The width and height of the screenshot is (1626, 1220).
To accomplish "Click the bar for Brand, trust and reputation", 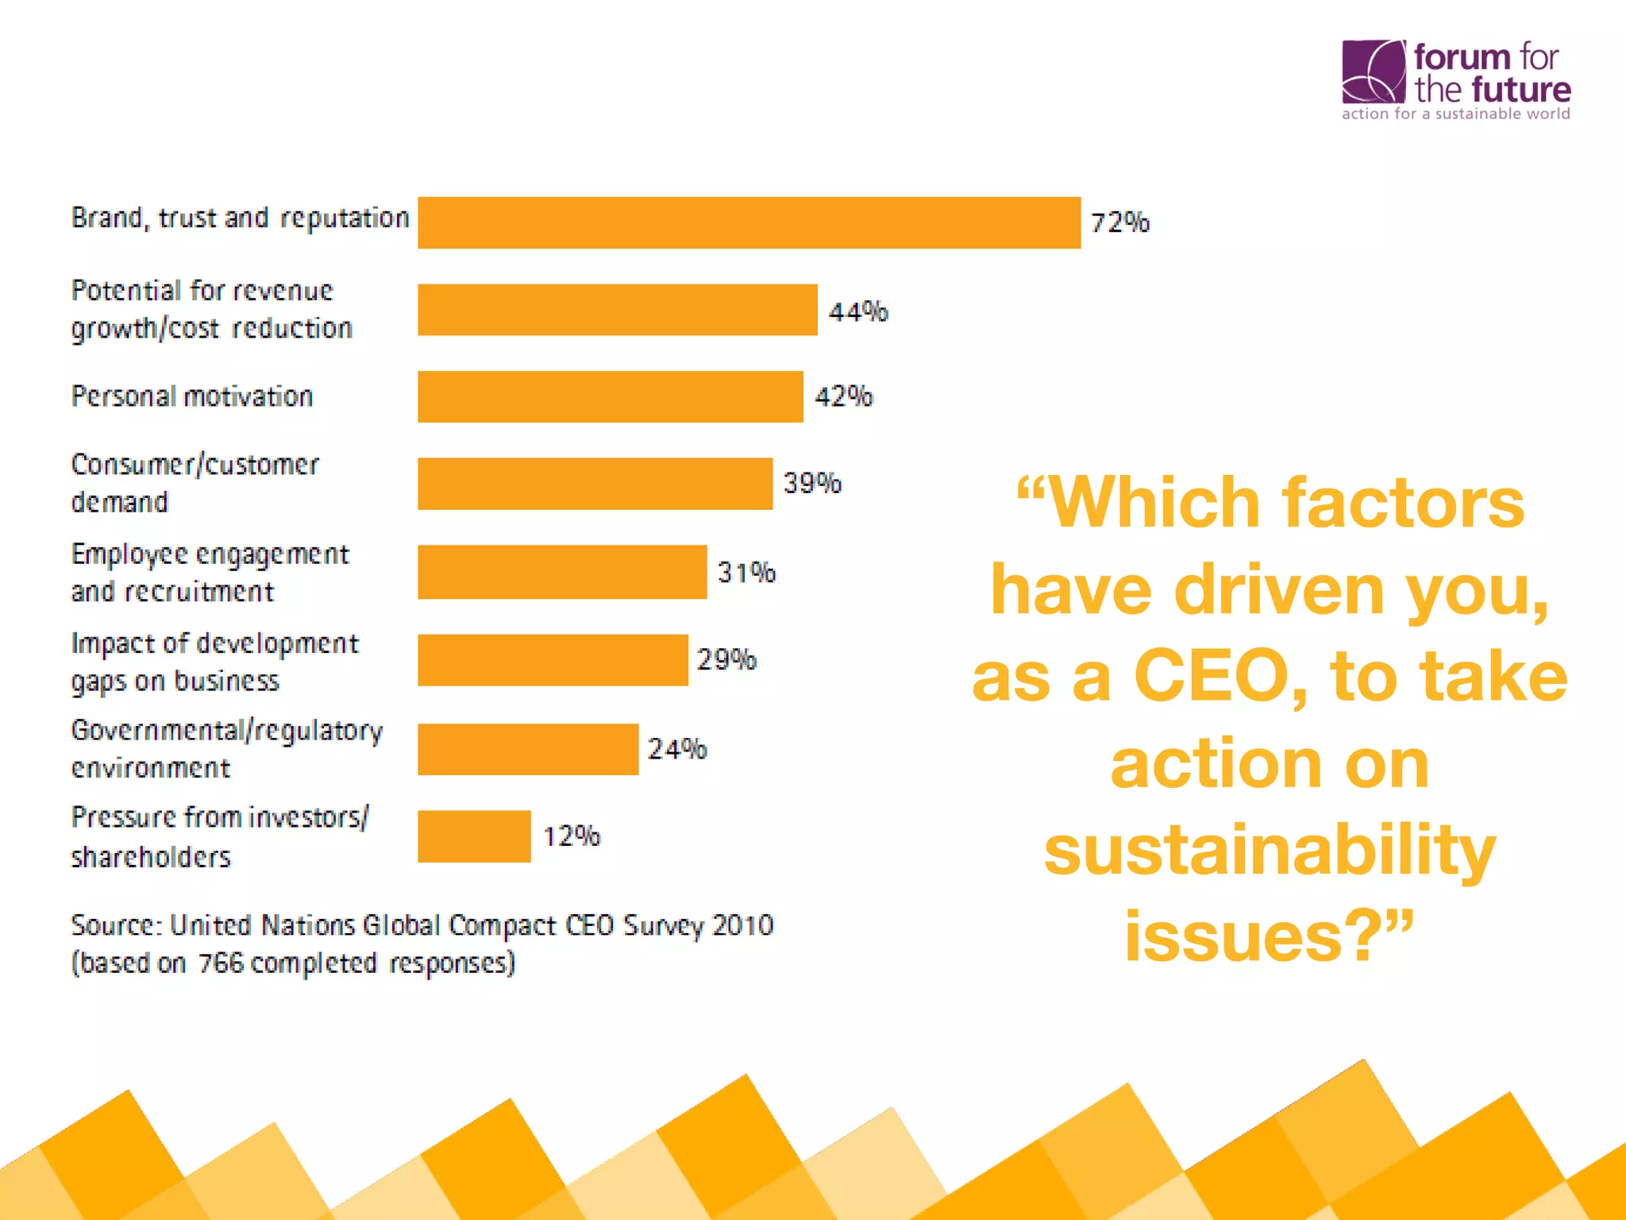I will point(749,223).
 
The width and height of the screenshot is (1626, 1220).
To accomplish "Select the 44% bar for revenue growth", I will point(617,310).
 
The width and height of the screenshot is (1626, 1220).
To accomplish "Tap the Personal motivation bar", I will point(610,396).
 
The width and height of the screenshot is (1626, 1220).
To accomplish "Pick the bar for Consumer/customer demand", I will point(595,484).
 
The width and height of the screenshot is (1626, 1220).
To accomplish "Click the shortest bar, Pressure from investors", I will point(474,836).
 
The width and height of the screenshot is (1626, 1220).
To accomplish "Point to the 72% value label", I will point(1119,222).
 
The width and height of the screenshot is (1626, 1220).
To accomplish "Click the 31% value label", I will point(746,572).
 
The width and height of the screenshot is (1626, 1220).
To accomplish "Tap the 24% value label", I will point(676,748).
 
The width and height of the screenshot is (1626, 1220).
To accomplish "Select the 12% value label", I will point(571,836).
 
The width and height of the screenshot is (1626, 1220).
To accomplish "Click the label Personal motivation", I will point(192,396).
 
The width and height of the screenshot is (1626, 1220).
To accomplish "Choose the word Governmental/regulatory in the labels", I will point(227,731).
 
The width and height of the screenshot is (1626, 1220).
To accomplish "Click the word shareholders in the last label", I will point(151,857).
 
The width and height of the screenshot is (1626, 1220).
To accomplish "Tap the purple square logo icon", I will point(1373,71).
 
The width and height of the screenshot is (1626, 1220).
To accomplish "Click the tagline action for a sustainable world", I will point(1455,114).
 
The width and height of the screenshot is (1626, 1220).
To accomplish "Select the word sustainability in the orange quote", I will point(1270,850).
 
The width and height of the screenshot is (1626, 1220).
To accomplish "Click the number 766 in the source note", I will point(221,963).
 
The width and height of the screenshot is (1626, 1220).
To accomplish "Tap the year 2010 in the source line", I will point(742,925).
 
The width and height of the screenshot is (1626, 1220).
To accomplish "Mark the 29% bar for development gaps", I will point(553,660).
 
